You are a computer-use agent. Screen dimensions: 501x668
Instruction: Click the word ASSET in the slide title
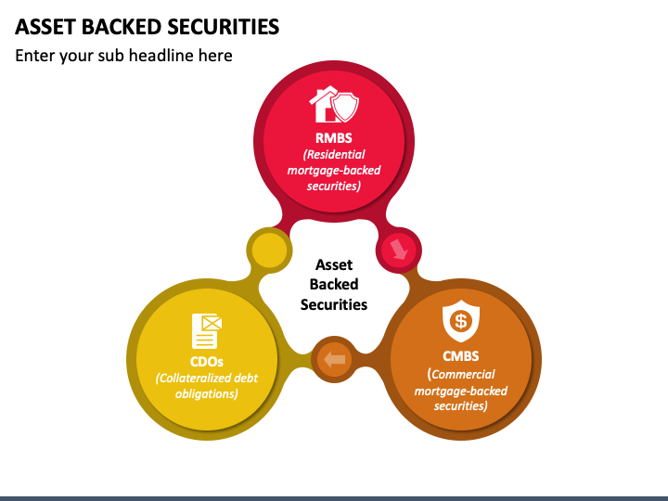click(43, 26)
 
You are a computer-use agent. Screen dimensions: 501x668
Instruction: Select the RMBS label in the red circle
click(333, 138)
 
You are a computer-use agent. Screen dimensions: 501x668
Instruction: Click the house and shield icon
click(333, 106)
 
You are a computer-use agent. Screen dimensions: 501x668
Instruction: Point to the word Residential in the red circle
click(335, 155)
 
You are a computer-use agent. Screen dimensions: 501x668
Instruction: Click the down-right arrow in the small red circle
click(399, 249)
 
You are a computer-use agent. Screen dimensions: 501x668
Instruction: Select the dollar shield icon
click(460, 321)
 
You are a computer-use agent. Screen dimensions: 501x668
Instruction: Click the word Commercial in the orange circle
click(464, 374)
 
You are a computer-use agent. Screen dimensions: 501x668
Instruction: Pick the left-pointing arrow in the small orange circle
click(334, 359)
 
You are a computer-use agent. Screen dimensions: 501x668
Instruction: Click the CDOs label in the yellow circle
click(206, 361)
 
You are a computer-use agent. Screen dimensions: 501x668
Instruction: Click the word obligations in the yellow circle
click(206, 393)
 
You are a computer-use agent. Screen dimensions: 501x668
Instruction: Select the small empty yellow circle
click(269, 250)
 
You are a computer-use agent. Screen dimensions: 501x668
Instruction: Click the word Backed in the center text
click(334, 284)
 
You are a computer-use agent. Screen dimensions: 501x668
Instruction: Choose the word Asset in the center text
click(334, 264)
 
